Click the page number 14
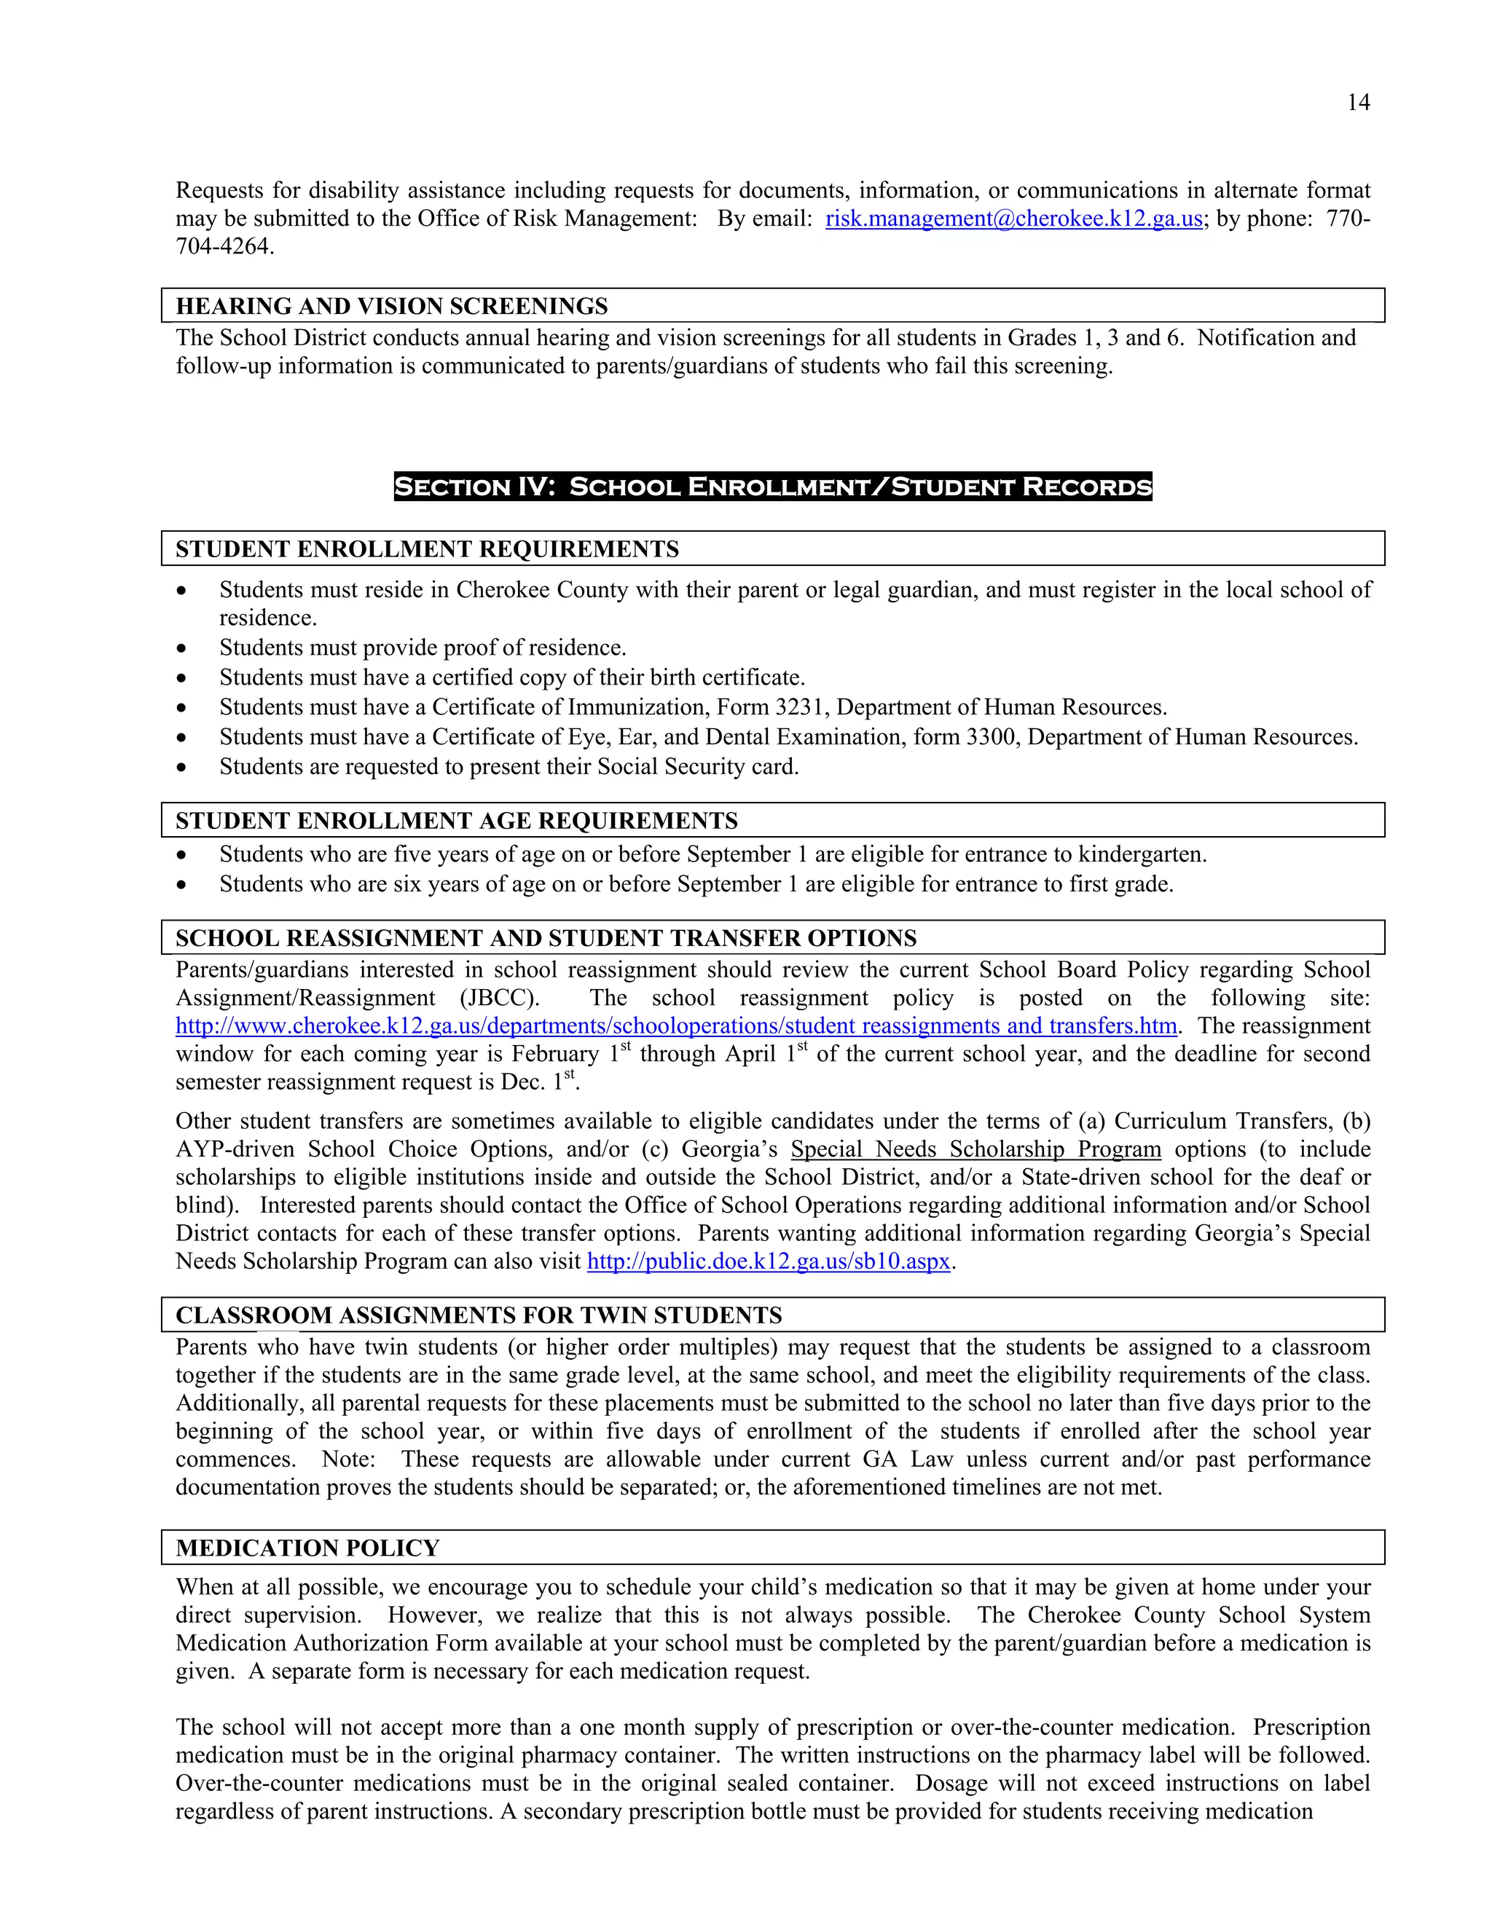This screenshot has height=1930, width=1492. tap(1358, 103)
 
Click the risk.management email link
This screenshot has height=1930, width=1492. tap(1013, 218)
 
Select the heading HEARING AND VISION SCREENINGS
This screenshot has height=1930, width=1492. tap(391, 306)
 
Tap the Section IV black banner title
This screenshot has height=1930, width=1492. tap(772, 487)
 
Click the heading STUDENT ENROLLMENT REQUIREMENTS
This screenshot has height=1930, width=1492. tap(427, 549)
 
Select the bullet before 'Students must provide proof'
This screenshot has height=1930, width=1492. tap(181, 649)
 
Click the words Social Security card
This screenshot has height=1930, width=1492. tap(697, 766)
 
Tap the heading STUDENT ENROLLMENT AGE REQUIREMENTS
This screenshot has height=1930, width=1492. tap(456, 820)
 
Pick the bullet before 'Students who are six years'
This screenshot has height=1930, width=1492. tap(181, 885)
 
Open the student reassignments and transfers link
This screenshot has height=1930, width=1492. tap(676, 1026)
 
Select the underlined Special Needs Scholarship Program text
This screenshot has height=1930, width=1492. tap(975, 1149)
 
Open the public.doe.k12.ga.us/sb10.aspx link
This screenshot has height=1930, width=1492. tap(768, 1261)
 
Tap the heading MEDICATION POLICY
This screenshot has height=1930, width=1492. tap(307, 1548)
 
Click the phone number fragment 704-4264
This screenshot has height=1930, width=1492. tap(224, 247)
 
